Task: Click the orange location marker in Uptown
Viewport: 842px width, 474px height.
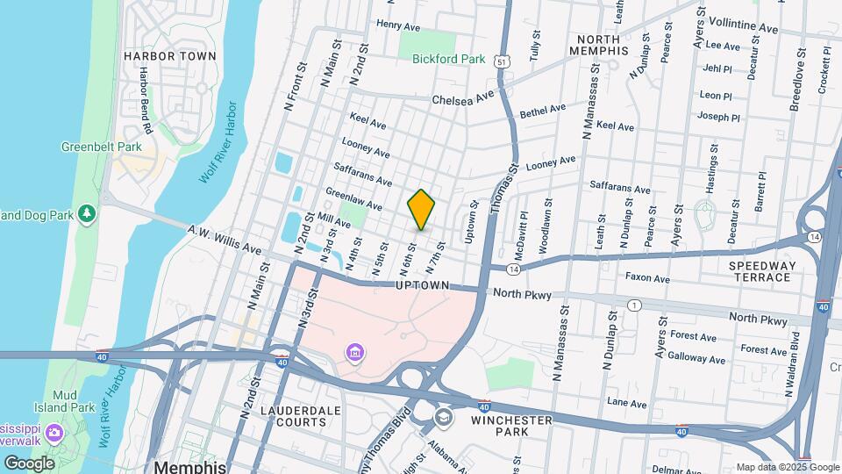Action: click(x=422, y=209)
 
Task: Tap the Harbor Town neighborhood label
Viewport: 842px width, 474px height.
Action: click(x=169, y=56)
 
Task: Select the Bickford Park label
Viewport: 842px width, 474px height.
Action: click(x=448, y=59)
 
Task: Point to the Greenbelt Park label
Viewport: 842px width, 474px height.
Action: click(x=96, y=147)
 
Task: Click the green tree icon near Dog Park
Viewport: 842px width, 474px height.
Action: click(x=86, y=213)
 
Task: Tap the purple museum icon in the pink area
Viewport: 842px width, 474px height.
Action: click(x=356, y=354)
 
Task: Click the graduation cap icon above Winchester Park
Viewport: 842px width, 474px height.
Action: click(x=444, y=415)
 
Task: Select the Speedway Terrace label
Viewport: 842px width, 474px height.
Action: click(x=762, y=271)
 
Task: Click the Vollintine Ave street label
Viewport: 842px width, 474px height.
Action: click(x=742, y=28)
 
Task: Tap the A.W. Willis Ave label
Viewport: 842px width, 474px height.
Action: click(x=225, y=238)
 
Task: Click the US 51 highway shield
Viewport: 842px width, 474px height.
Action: click(x=500, y=61)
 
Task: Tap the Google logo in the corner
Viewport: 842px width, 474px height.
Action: click(x=29, y=463)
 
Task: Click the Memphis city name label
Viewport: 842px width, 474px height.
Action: click(x=190, y=465)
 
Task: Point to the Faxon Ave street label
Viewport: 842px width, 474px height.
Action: click(x=647, y=278)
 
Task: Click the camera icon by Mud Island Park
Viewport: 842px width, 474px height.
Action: click(x=54, y=433)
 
